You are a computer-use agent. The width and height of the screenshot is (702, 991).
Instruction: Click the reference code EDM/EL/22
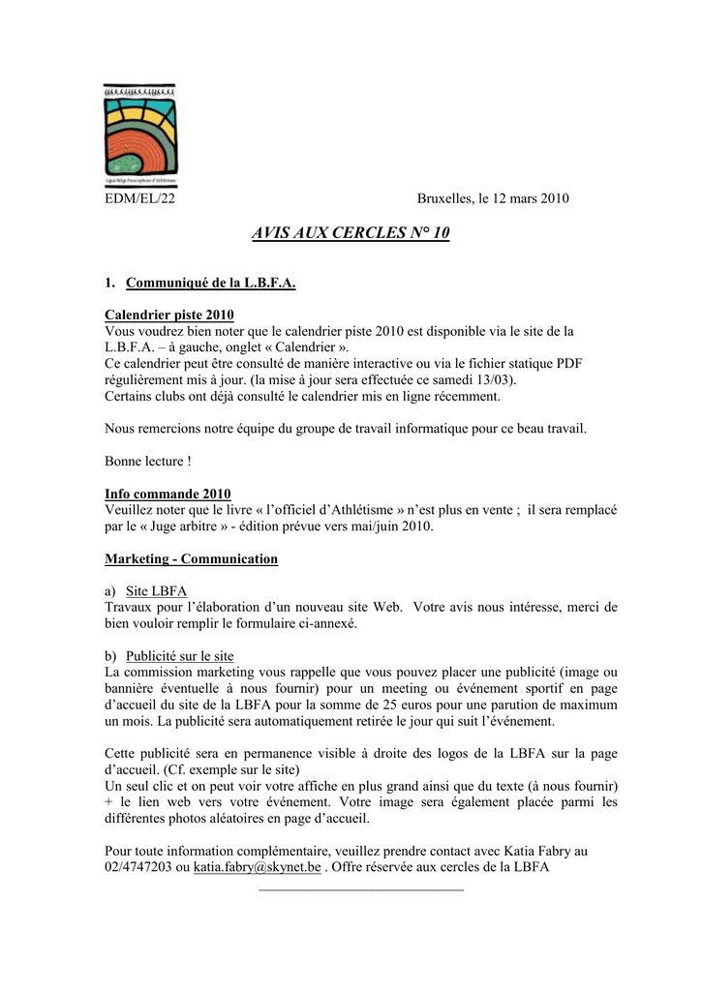[x=139, y=199]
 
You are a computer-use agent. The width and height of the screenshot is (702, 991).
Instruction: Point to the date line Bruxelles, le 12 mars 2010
[x=493, y=199]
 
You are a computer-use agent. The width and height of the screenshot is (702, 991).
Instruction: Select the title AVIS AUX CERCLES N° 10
[x=351, y=234]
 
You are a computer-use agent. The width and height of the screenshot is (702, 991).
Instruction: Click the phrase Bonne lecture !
[x=147, y=461]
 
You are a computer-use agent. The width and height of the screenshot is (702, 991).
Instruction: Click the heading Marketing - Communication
[x=191, y=559]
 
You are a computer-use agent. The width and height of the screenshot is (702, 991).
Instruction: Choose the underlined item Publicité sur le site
[x=179, y=656]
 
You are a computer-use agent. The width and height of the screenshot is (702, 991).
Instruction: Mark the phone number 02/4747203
[x=137, y=868]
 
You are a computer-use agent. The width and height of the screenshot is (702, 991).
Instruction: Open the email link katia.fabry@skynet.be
[x=257, y=868]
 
